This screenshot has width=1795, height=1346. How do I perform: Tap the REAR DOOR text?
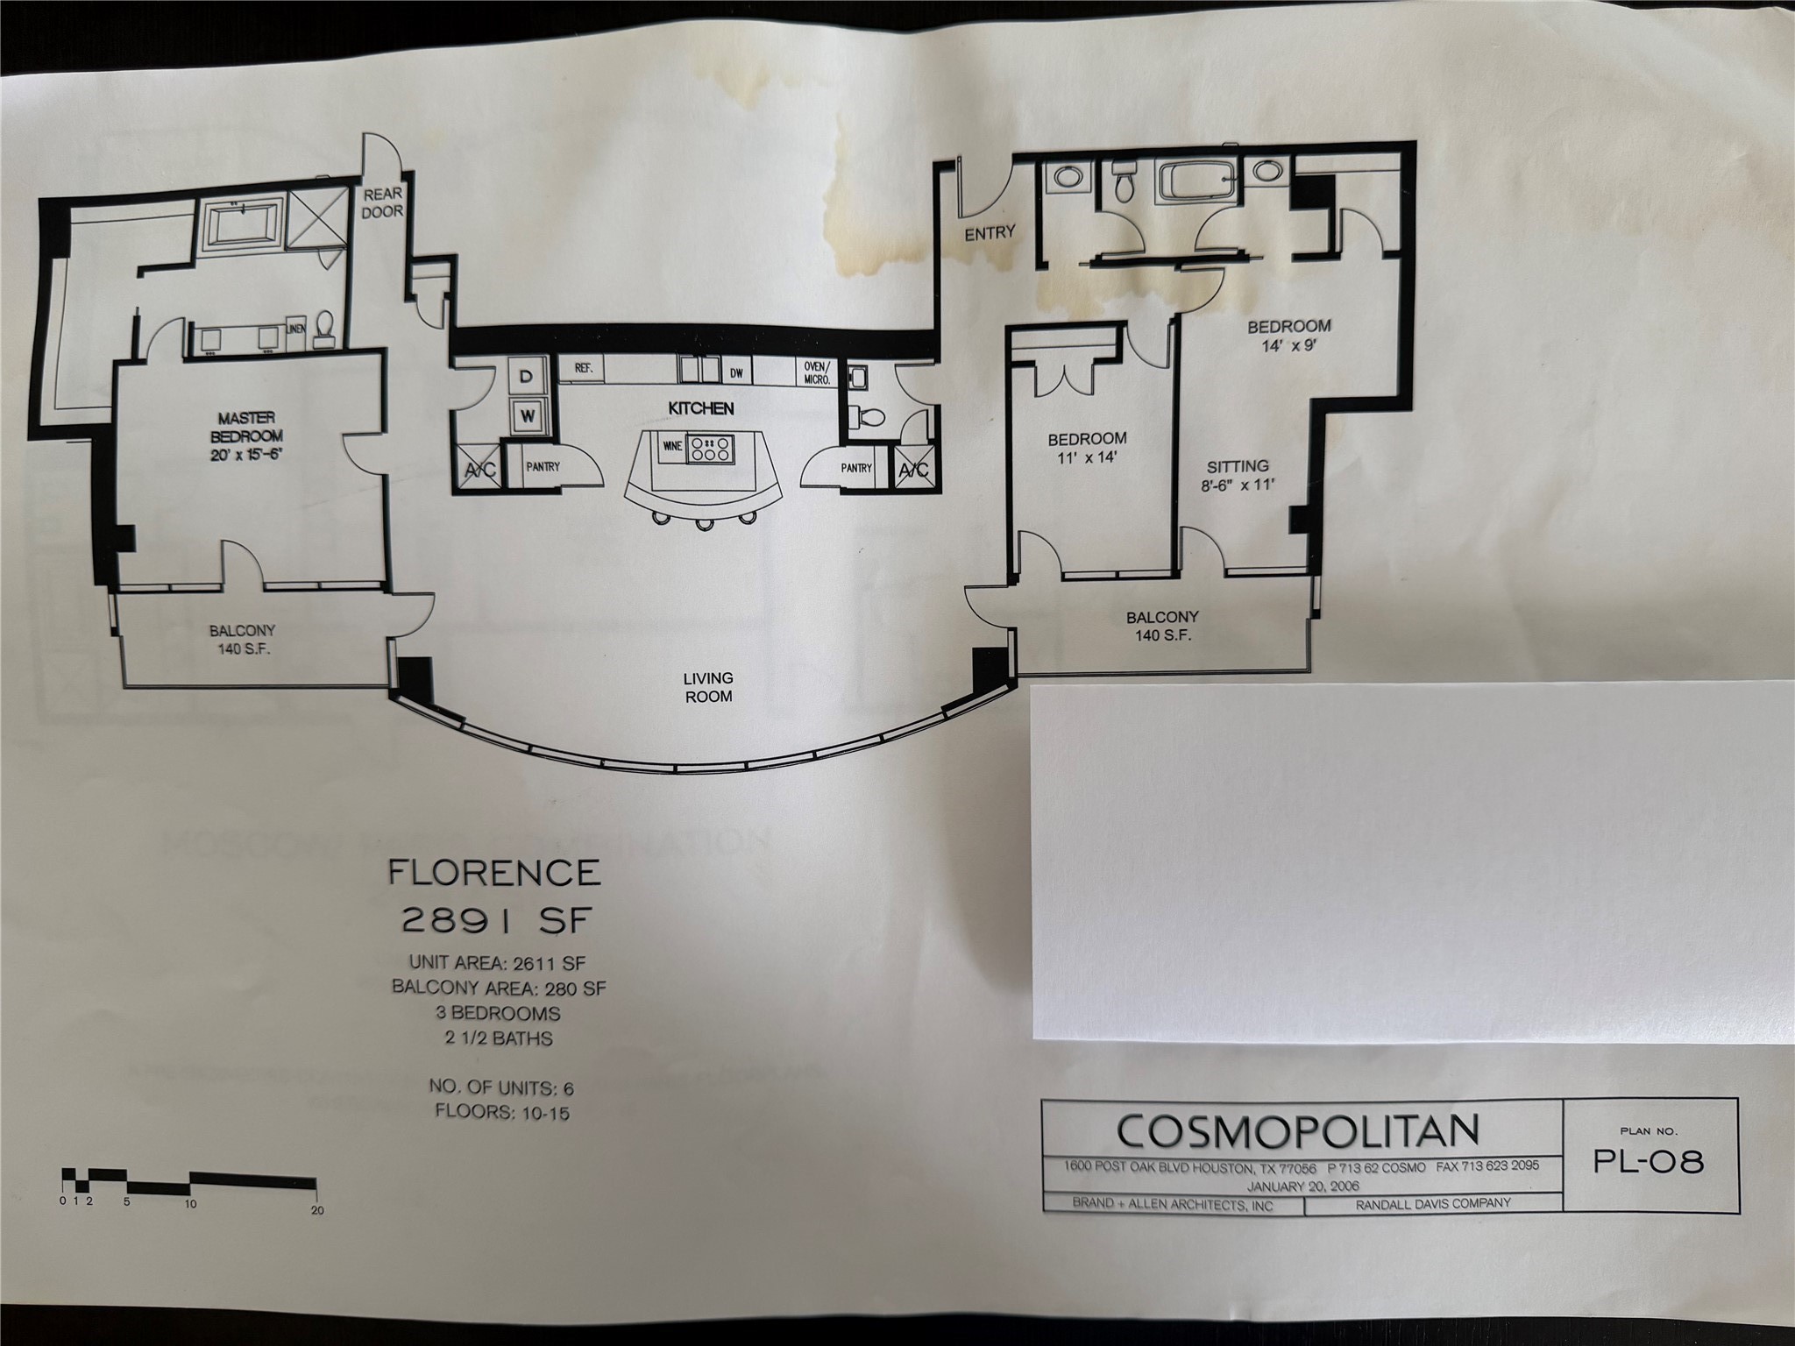(x=383, y=203)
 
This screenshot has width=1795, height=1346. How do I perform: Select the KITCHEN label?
(x=701, y=408)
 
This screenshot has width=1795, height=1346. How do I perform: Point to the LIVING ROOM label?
(x=708, y=687)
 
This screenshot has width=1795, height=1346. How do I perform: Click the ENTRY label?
(x=990, y=233)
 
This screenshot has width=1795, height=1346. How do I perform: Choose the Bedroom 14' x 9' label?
(x=1288, y=335)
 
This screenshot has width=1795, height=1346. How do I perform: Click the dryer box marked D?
(x=527, y=377)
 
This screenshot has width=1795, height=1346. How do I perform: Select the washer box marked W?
(x=527, y=415)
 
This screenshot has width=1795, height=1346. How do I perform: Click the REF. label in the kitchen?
(x=584, y=369)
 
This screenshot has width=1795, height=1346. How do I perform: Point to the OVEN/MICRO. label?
(x=819, y=373)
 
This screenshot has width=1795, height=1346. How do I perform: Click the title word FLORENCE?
(x=495, y=873)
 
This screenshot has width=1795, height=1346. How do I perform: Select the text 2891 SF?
(x=497, y=919)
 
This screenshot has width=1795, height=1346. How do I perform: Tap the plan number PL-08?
(x=1649, y=1161)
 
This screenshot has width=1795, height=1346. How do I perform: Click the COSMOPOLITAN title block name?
(x=1298, y=1131)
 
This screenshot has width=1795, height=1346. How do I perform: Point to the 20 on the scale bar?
(x=317, y=1210)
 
